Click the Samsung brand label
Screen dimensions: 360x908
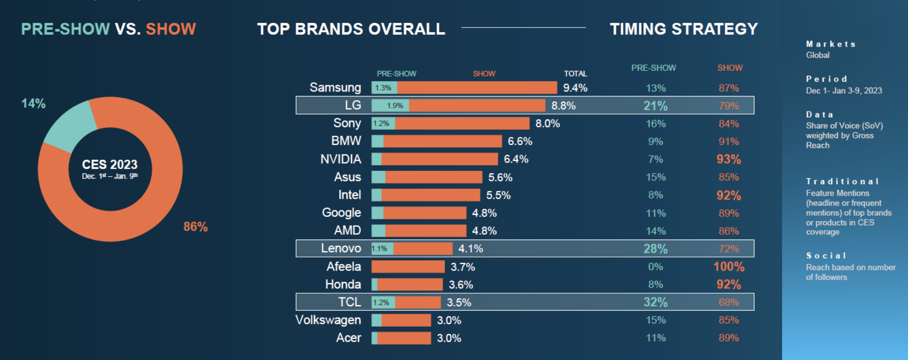pyautogui.click(x=335, y=88)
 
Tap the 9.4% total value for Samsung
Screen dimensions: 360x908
pyautogui.click(x=575, y=88)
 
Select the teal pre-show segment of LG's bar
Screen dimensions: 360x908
pyautogui.click(x=390, y=106)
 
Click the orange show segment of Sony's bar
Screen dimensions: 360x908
pyautogui.click(x=462, y=124)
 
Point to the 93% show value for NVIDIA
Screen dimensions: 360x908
pyautogui.click(x=728, y=159)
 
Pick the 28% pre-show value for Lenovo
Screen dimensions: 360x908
pyautogui.click(x=655, y=249)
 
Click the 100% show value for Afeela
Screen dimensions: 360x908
pyautogui.click(x=729, y=267)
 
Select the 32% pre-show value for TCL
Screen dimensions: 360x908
pyautogui.click(x=655, y=302)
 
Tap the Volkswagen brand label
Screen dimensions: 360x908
pyautogui.click(x=328, y=320)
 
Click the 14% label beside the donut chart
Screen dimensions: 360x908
pyautogui.click(x=33, y=103)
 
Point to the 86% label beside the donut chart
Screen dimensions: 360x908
pyautogui.click(x=195, y=227)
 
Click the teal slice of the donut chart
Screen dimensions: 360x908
pyautogui.click(x=69, y=124)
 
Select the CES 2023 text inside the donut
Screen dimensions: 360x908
pyautogui.click(x=110, y=165)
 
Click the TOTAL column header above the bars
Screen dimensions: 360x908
pyautogui.click(x=575, y=74)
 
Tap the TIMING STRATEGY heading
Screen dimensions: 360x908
pyautogui.click(x=684, y=29)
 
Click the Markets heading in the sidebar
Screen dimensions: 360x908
pyautogui.click(x=831, y=44)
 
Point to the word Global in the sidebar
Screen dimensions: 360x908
pyautogui.click(x=818, y=55)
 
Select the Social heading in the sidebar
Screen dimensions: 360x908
pyautogui.click(x=826, y=256)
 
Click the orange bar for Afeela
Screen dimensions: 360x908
pyautogui.click(x=408, y=267)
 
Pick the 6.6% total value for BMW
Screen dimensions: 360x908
pyautogui.click(x=520, y=141)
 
